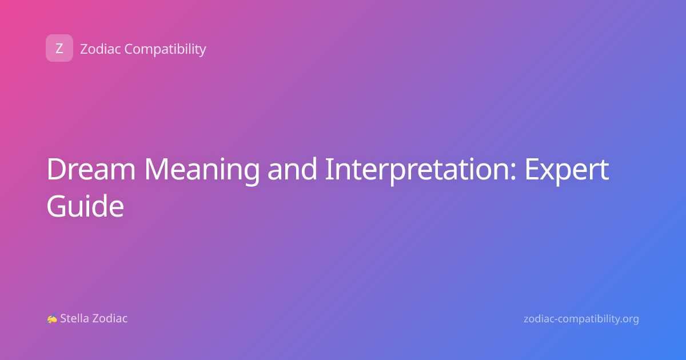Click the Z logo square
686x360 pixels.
(x=59, y=48)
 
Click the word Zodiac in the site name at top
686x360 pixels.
(x=101, y=49)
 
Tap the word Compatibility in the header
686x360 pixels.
(x=165, y=50)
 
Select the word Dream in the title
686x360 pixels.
(x=91, y=169)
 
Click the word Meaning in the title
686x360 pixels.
(x=202, y=171)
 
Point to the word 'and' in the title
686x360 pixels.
(x=292, y=169)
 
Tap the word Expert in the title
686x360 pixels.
(x=567, y=171)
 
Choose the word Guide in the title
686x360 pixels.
(x=85, y=206)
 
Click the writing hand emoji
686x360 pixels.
(x=52, y=318)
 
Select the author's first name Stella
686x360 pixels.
(x=74, y=318)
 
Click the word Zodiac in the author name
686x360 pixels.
(x=109, y=318)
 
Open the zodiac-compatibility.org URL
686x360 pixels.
(x=581, y=319)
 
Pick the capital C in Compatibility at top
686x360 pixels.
(x=129, y=49)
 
